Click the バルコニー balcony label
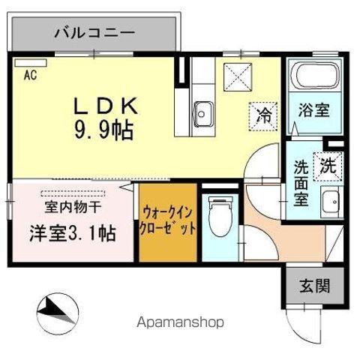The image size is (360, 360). (94, 33)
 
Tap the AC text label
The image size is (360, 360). (30, 74)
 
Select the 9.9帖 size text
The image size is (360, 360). (103, 132)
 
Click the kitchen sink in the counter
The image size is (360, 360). (202, 114)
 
